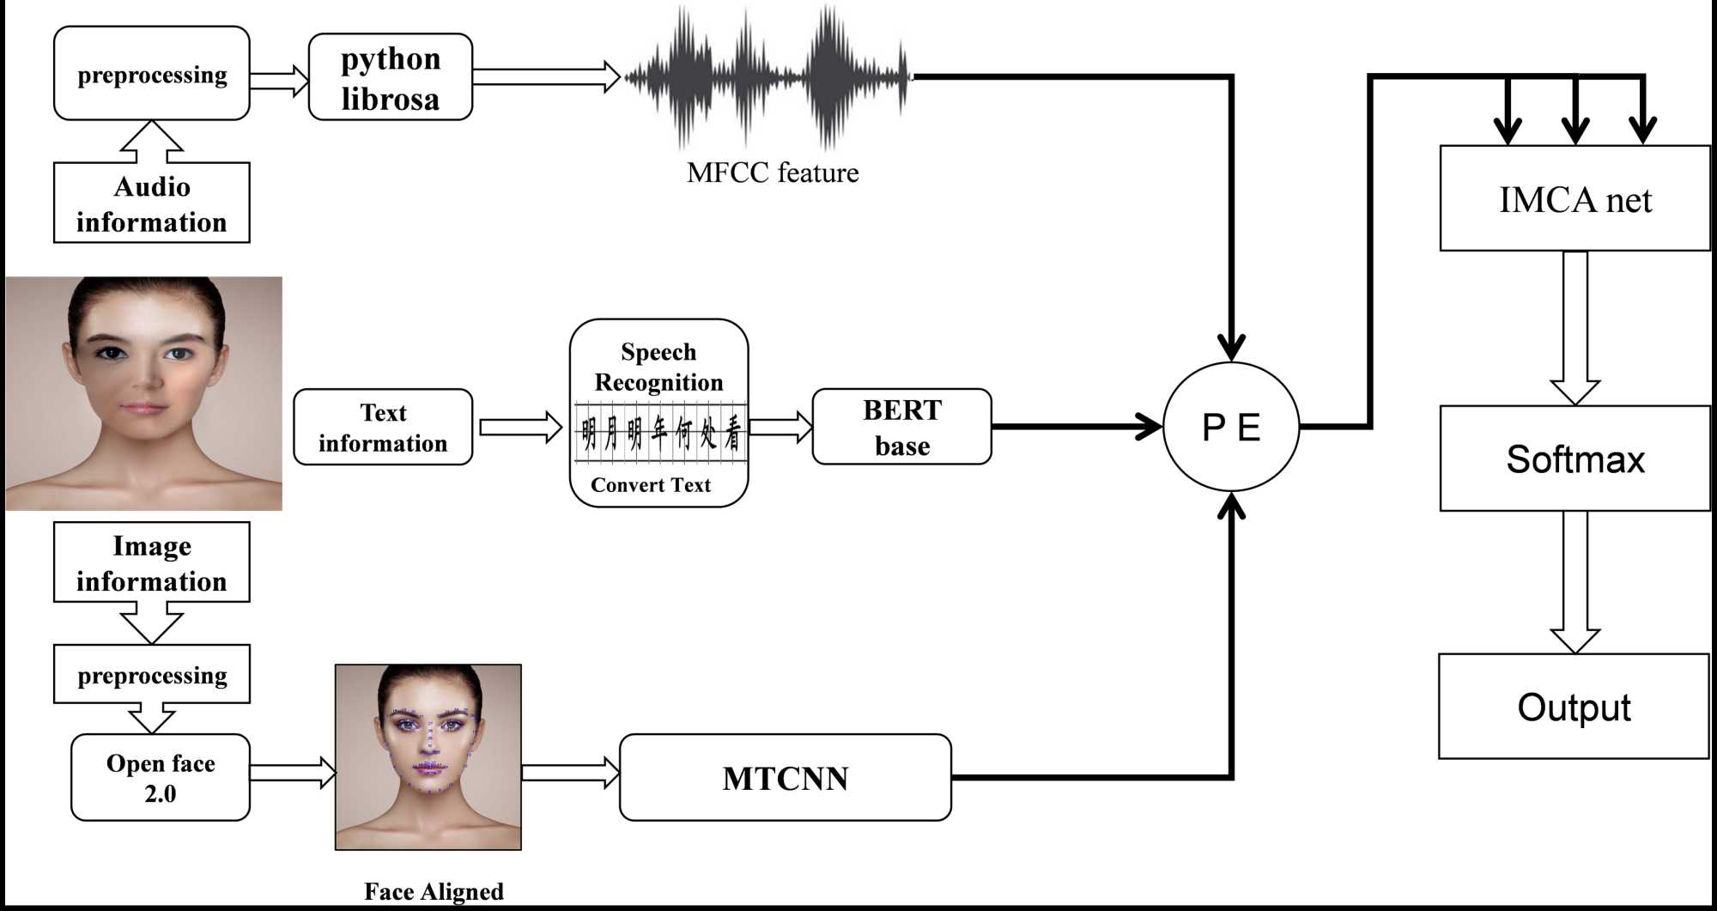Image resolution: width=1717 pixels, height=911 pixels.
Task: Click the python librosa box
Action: pos(391,77)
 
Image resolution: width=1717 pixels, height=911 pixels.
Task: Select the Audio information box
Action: pos(152,203)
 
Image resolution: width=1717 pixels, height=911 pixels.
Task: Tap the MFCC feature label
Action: pos(772,173)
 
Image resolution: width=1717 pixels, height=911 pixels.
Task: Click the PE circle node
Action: pos(1231,427)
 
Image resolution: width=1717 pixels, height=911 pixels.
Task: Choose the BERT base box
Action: pos(901,427)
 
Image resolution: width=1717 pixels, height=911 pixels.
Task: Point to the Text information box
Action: pos(383,428)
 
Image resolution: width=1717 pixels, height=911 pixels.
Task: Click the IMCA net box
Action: pos(1574,199)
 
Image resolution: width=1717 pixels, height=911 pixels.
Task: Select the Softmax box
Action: pos(1574,459)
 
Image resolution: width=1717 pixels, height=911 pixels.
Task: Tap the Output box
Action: pos(1574,707)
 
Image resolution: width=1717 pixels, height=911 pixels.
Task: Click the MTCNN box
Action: pos(785,778)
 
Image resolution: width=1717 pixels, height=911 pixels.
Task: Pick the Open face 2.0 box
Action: pos(161,778)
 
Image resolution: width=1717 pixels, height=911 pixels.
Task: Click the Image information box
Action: pos(152,562)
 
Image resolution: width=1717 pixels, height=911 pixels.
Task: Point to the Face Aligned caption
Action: pos(434,891)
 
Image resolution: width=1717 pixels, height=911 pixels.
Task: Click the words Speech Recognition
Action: pos(658,367)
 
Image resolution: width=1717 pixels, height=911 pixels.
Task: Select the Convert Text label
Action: pos(651,485)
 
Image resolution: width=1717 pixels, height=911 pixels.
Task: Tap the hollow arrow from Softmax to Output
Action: pos(1574,584)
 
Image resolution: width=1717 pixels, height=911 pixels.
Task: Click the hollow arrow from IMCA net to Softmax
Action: pos(1574,330)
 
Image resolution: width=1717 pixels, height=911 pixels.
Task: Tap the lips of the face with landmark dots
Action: pos(428,767)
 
